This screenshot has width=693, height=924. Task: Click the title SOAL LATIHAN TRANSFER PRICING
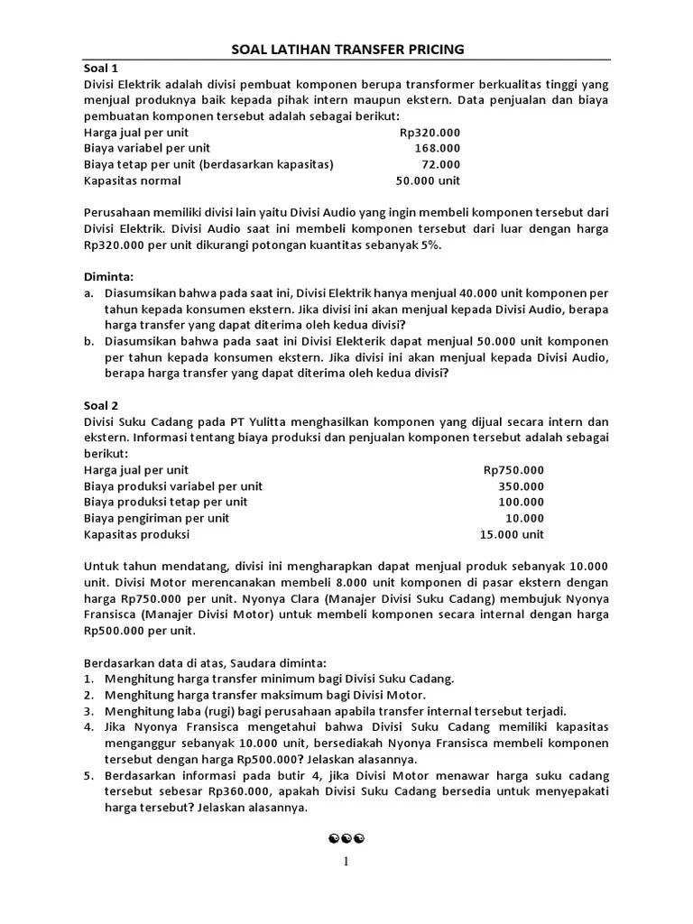coord(346,50)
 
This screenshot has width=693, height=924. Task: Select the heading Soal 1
coord(101,68)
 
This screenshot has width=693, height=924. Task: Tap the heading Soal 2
coord(101,406)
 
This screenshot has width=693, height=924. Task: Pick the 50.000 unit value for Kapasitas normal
coord(428,180)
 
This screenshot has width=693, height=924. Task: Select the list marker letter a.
coord(88,294)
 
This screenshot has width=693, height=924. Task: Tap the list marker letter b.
coord(88,341)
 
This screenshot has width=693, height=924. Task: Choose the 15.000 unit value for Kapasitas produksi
coord(512,534)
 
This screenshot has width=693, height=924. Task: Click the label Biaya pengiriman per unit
coord(157,518)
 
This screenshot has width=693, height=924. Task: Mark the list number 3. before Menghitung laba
coord(89,711)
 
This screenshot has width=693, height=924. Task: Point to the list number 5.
coord(89,776)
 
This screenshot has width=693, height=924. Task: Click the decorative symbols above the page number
coord(346,839)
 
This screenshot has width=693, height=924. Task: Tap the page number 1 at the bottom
coord(346,862)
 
